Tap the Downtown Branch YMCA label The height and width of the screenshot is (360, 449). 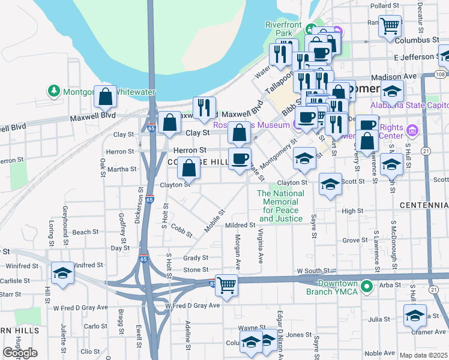click(338, 287)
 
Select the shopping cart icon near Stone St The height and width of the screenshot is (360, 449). click(226, 284)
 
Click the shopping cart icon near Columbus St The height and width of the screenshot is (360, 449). click(390, 26)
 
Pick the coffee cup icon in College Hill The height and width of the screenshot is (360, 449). click(240, 159)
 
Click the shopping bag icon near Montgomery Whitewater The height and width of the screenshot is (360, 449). click(105, 97)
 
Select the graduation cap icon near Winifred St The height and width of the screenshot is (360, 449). click(62, 273)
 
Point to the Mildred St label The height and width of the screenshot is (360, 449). click(240, 225)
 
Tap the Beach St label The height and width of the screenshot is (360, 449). click(85, 232)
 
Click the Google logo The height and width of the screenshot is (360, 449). click(20, 353)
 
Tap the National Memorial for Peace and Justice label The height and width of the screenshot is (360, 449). click(280, 206)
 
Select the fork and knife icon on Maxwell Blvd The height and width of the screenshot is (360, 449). click(204, 108)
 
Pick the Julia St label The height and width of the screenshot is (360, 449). click(379, 319)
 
